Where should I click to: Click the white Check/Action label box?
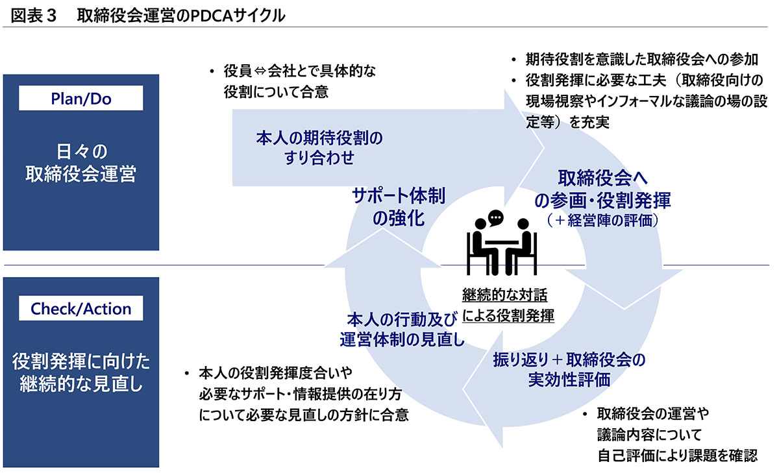pyautogui.click(x=81, y=309)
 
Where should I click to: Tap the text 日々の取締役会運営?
pyautogui.click(x=81, y=163)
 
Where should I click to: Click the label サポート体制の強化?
pyautogui.click(x=399, y=206)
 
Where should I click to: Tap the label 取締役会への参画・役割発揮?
pyautogui.click(x=602, y=188)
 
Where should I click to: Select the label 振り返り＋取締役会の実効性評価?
pyautogui.click(x=569, y=369)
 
